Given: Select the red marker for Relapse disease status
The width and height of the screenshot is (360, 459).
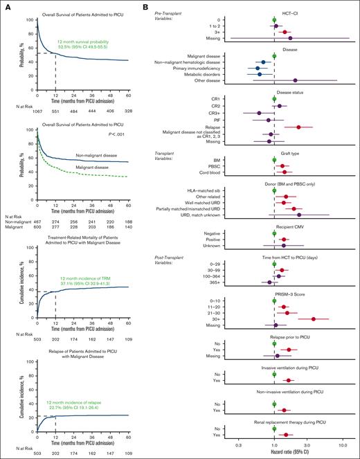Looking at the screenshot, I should pos(298,127).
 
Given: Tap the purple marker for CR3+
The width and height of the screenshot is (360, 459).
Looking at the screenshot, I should pos(259,112).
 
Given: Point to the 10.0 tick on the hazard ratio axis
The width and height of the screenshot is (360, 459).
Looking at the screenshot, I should pos(342,442).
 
